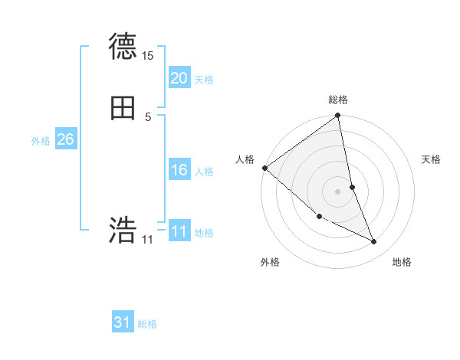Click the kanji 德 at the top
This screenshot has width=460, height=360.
[x=123, y=47]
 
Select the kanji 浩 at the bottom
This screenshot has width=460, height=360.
[x=123, y=231]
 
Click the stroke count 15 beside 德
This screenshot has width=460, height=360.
[x=148, y=56]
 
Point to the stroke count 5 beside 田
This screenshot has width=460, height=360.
[x=148, y=117]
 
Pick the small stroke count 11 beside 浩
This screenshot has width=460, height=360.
[x=148, y=240]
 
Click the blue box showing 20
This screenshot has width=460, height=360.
[x=179, y=78]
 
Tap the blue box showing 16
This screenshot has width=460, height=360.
[x=179, y=170]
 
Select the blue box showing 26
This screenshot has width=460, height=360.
[x=65, y=139]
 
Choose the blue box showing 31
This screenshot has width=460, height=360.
[x=123, y=322]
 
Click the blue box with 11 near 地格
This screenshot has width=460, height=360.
[x=179, y=231]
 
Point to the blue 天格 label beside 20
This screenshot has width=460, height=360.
[x=204, y=80]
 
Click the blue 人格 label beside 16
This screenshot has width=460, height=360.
[x=204, y=172]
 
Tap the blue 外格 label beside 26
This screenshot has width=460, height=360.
[x=41, y=141]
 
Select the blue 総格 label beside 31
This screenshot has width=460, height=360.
[x=147, y=324]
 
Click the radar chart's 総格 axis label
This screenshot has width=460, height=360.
[x=338, y=100]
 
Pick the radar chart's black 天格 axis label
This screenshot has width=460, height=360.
[x=432, y=159]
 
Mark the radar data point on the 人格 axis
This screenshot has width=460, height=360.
[x=264, y=168]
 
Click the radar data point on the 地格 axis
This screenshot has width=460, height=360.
[x=374, y=242]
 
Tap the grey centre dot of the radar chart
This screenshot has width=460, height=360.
[x=338, y=191]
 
